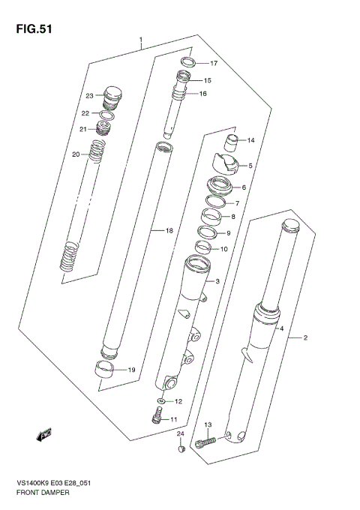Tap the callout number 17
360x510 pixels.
point(213,64)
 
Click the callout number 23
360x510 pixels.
point(89,96)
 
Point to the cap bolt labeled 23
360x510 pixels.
point(112,95)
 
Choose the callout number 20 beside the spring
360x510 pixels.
point(76,154)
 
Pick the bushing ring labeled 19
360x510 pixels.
point(106,368)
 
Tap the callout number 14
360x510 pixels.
point(251,140)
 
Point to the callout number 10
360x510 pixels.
point(223,249)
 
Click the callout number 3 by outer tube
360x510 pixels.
point(217,282)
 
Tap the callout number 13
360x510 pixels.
point(208,425)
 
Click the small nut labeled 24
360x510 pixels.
point(181,449)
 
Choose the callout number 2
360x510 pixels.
point(306,338)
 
